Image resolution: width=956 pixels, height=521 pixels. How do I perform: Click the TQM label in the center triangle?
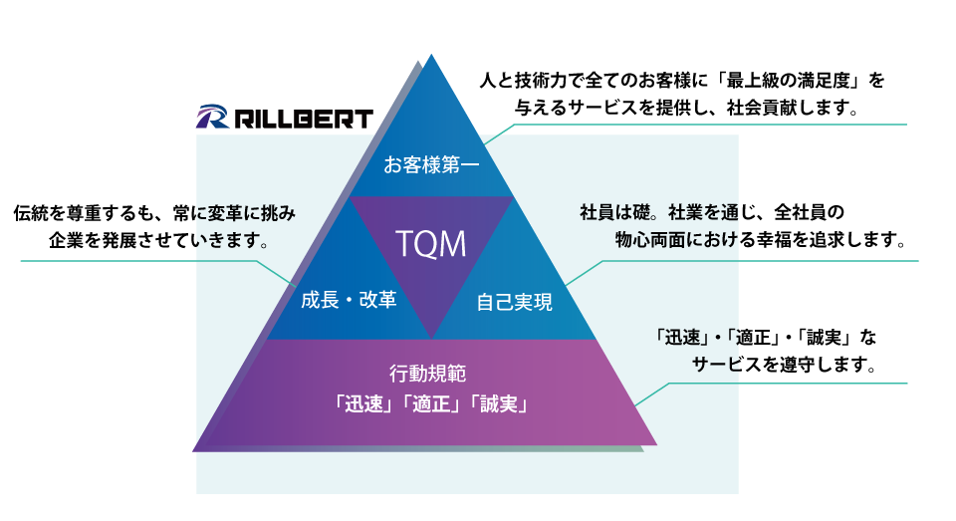431,243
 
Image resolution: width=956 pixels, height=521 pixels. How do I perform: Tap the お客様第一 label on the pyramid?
431,164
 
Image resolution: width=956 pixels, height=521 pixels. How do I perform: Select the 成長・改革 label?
349,299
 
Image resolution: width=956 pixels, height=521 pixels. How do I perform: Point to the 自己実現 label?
514,301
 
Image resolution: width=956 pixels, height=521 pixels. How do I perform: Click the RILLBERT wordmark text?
304,119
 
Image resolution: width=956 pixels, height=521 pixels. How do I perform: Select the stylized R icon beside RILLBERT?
213,118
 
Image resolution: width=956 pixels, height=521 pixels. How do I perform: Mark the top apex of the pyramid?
431,56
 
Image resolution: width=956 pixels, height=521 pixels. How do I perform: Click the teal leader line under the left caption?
139,262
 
